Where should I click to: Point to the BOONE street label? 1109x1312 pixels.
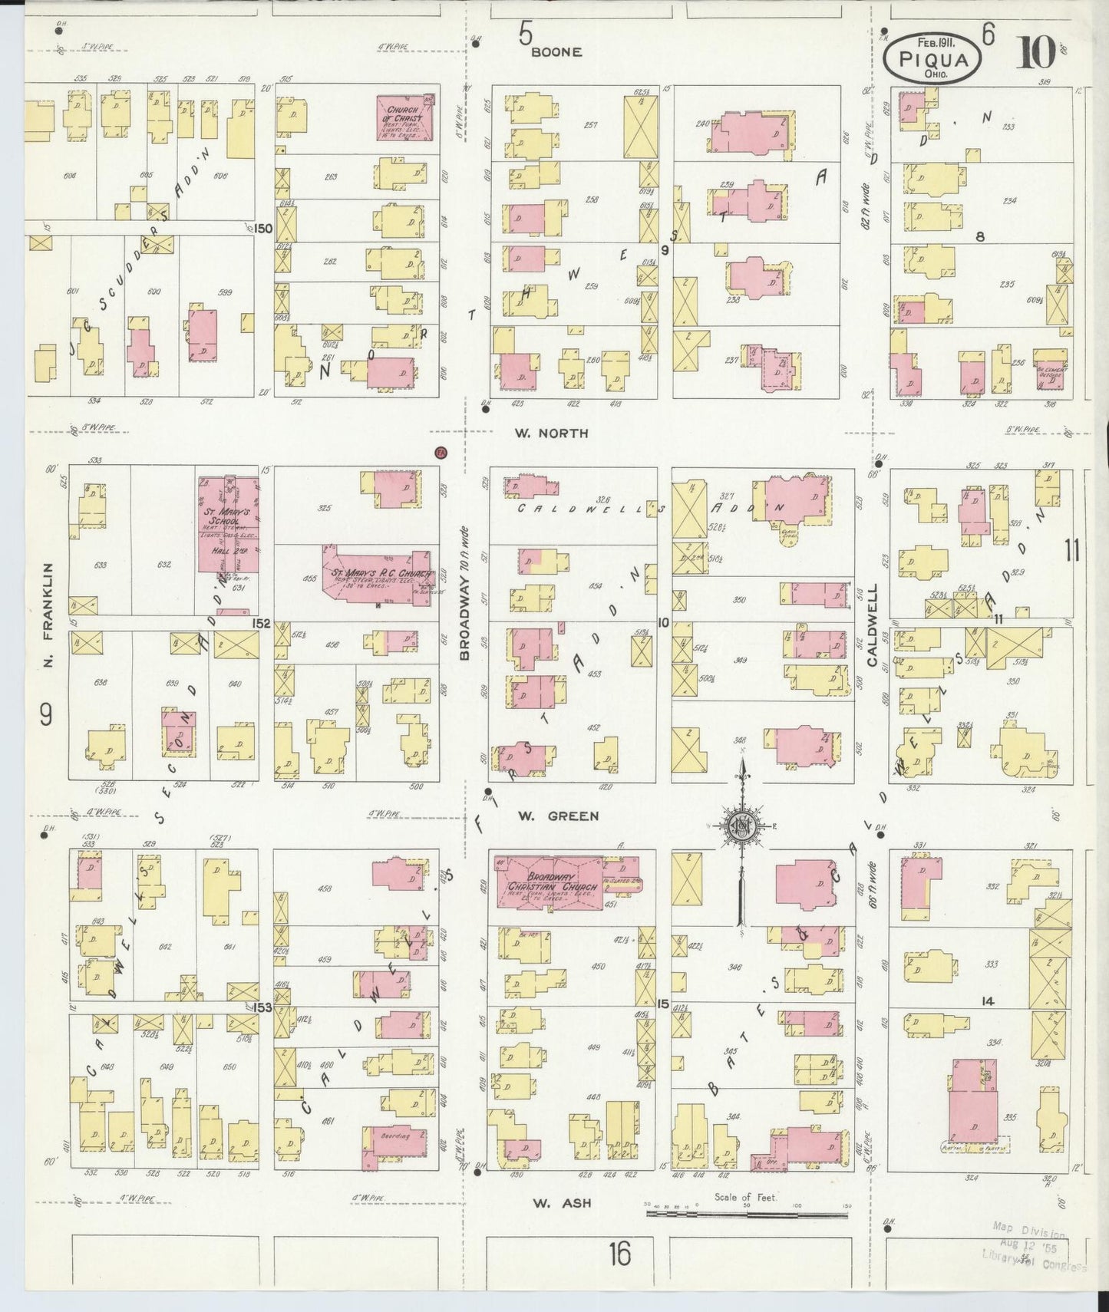click(x=557, y=52)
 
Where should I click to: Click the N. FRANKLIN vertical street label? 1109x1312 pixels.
click(x=48, y=615)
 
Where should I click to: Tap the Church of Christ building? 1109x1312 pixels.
click(x=405, y=117)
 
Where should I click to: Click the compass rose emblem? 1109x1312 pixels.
click(x=741, y=826)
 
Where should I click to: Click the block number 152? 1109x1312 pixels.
click(x=262, y=624)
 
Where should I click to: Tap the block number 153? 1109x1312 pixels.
click(x=262, y=1007)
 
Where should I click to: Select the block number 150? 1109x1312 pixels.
click(x=263, y=229)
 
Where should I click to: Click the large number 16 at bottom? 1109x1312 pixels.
click(x=619, y=1254)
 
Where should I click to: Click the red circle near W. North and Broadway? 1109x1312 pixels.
click(x=441, y=452)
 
